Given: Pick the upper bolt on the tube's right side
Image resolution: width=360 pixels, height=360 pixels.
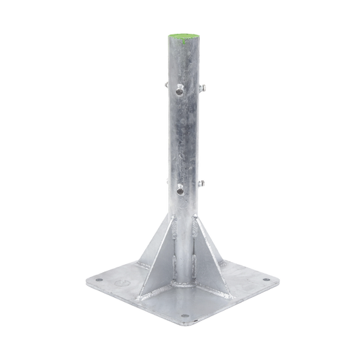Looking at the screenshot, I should click(x=203, y=88).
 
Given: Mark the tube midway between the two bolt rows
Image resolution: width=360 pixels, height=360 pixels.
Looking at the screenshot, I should click(x=181, y=138).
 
